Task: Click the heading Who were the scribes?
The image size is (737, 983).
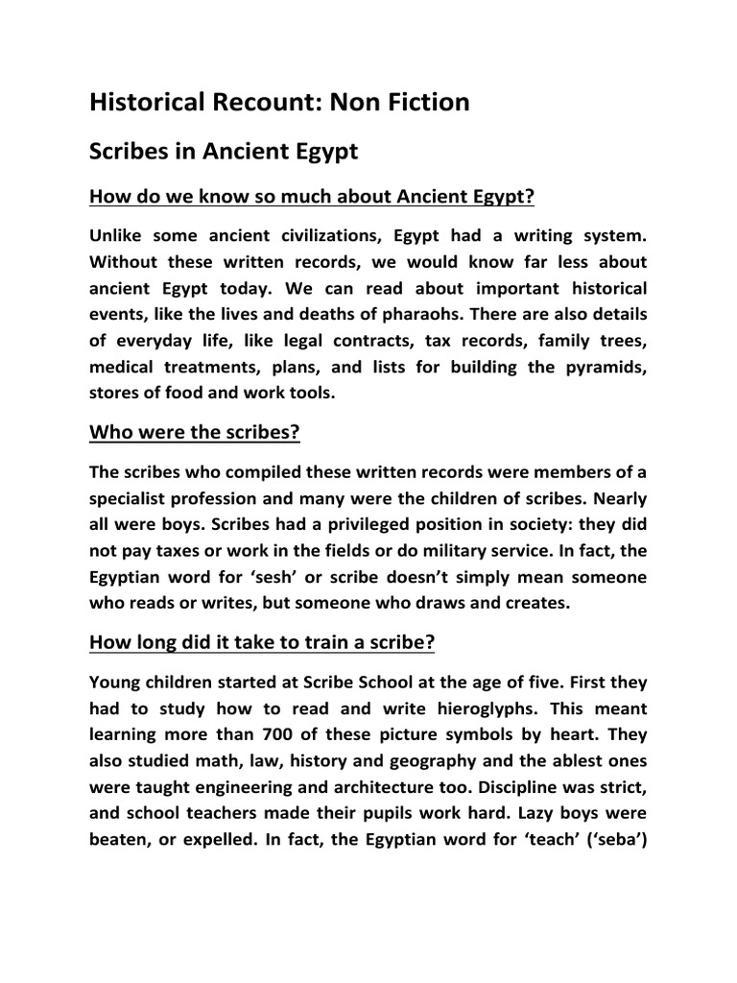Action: click(195, 432)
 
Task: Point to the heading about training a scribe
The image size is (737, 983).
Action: click(262, 642)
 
